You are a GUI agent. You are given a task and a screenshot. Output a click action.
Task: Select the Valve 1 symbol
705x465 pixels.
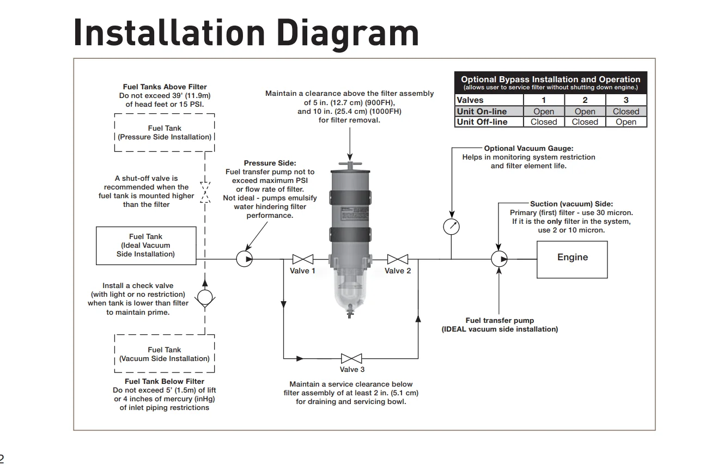tap(302, 259)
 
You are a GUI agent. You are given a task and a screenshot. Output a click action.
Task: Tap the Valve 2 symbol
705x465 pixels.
tap(398, 259)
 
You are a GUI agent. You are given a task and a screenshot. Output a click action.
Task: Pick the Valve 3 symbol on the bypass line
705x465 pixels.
tap(351, 358)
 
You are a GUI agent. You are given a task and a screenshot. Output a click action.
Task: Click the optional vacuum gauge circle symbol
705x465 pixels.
tap(451, 226)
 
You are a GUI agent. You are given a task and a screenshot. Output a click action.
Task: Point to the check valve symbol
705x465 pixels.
tap(205, 297)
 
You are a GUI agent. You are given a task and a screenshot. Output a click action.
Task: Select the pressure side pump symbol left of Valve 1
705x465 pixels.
tap(245, 259)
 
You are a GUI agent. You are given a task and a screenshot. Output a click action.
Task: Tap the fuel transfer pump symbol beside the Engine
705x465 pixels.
tap(499, 259)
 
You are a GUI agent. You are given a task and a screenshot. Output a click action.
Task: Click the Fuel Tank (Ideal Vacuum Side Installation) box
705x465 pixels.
tap(145, 246)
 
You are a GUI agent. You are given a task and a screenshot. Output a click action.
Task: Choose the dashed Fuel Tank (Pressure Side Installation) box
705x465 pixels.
tap(165, 132)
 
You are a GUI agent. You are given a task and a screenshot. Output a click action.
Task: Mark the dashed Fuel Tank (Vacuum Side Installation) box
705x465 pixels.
tap(165, 354)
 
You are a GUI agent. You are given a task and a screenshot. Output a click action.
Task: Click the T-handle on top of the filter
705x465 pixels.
tap(350, 163)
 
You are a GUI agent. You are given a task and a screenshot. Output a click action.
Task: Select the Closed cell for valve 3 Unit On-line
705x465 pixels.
tap(626, 112)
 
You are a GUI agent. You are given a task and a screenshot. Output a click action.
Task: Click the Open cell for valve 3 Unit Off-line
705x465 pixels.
tap(626, 122)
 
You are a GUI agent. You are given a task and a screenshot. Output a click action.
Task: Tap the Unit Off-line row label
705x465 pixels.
tap(482, 122)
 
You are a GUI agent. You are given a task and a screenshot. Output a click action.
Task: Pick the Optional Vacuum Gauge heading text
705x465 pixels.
tap(528, 148)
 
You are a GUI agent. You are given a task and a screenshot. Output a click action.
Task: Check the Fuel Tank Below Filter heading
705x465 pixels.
tap(165, 382)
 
